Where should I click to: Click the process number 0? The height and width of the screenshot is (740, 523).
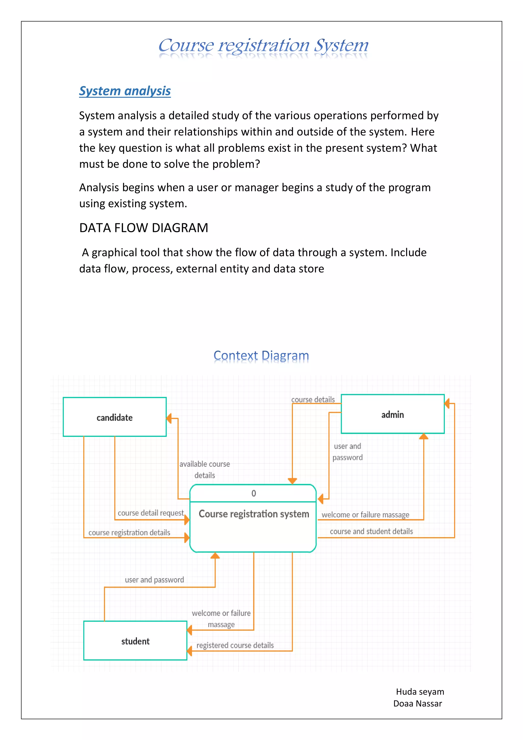254,493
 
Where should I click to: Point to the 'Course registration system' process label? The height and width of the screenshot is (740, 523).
254,514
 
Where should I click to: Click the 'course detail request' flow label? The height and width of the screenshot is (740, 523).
150,513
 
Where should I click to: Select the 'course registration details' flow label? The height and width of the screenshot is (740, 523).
129,532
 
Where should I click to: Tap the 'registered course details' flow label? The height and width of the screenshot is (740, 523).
235,645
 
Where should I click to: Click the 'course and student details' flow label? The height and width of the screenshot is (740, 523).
371,531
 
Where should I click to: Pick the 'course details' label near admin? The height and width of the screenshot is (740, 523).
313,399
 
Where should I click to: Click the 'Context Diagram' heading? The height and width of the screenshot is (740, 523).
261,356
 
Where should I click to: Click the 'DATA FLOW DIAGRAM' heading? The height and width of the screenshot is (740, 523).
144,228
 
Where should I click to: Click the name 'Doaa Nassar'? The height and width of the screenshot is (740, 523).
417,703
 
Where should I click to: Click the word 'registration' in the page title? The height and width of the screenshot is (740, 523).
264,45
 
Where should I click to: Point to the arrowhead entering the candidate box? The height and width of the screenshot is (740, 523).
169,419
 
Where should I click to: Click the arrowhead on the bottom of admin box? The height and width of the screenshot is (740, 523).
423,436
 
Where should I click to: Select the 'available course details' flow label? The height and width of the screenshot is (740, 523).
205,469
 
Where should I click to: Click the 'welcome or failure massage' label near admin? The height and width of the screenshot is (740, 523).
365,515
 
